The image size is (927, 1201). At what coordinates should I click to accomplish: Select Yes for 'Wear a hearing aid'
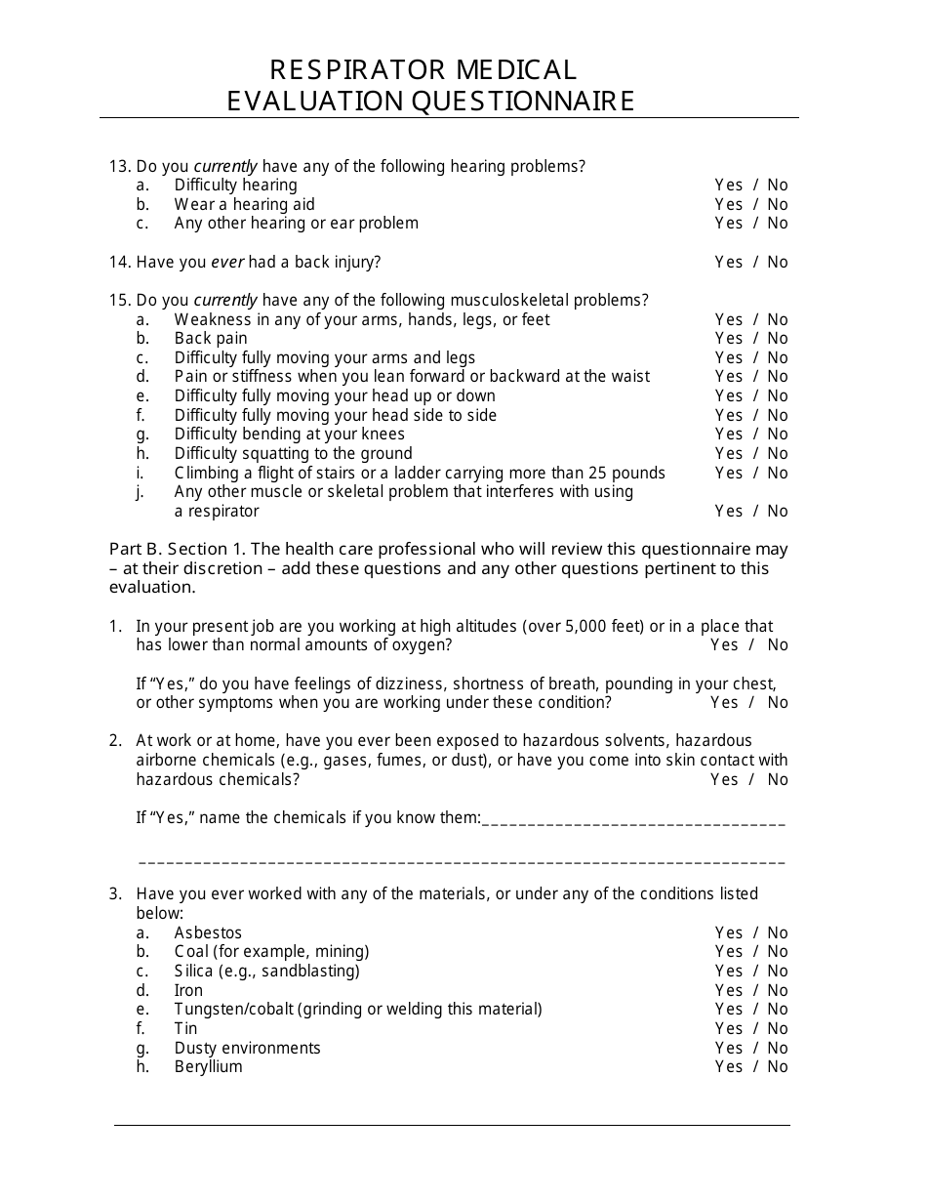(728, 204)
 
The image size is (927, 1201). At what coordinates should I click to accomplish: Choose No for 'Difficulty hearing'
(777, 185)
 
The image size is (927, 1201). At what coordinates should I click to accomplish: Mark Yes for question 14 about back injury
(728, 262)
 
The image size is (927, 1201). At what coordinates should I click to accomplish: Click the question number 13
(119, 166)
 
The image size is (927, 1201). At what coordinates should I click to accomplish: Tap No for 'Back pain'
(777, 338)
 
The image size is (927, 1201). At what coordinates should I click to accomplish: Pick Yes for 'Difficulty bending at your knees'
(728, 434)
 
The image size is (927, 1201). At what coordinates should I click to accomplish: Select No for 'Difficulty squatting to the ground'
(777, 453)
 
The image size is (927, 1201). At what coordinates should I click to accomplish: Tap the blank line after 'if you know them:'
(633, 820)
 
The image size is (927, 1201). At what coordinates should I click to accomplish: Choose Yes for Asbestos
(728, 932)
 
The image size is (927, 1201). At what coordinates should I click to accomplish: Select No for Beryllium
(777, 1066)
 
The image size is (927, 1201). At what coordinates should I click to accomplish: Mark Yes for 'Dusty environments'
(728, 1048)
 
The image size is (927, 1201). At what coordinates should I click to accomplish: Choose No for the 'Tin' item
(777, 1028)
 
